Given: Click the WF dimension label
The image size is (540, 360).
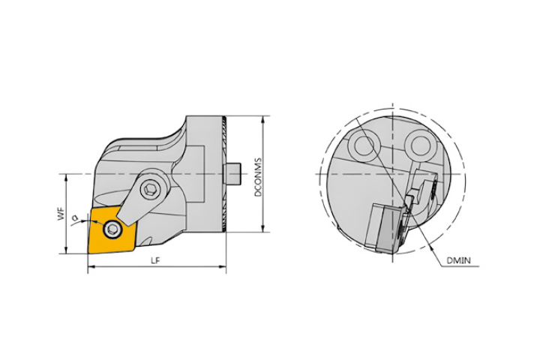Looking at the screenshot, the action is coord(61,214).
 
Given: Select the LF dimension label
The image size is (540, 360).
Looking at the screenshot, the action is coord(156,261).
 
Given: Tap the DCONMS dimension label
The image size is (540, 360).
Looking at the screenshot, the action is coord(258,178).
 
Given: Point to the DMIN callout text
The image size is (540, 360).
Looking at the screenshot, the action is coord(458,261).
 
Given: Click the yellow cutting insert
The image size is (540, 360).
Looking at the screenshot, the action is coord(112,230).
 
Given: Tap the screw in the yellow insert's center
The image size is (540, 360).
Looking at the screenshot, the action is coord(112,228).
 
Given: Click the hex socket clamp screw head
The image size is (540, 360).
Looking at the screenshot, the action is coord(151,189).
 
